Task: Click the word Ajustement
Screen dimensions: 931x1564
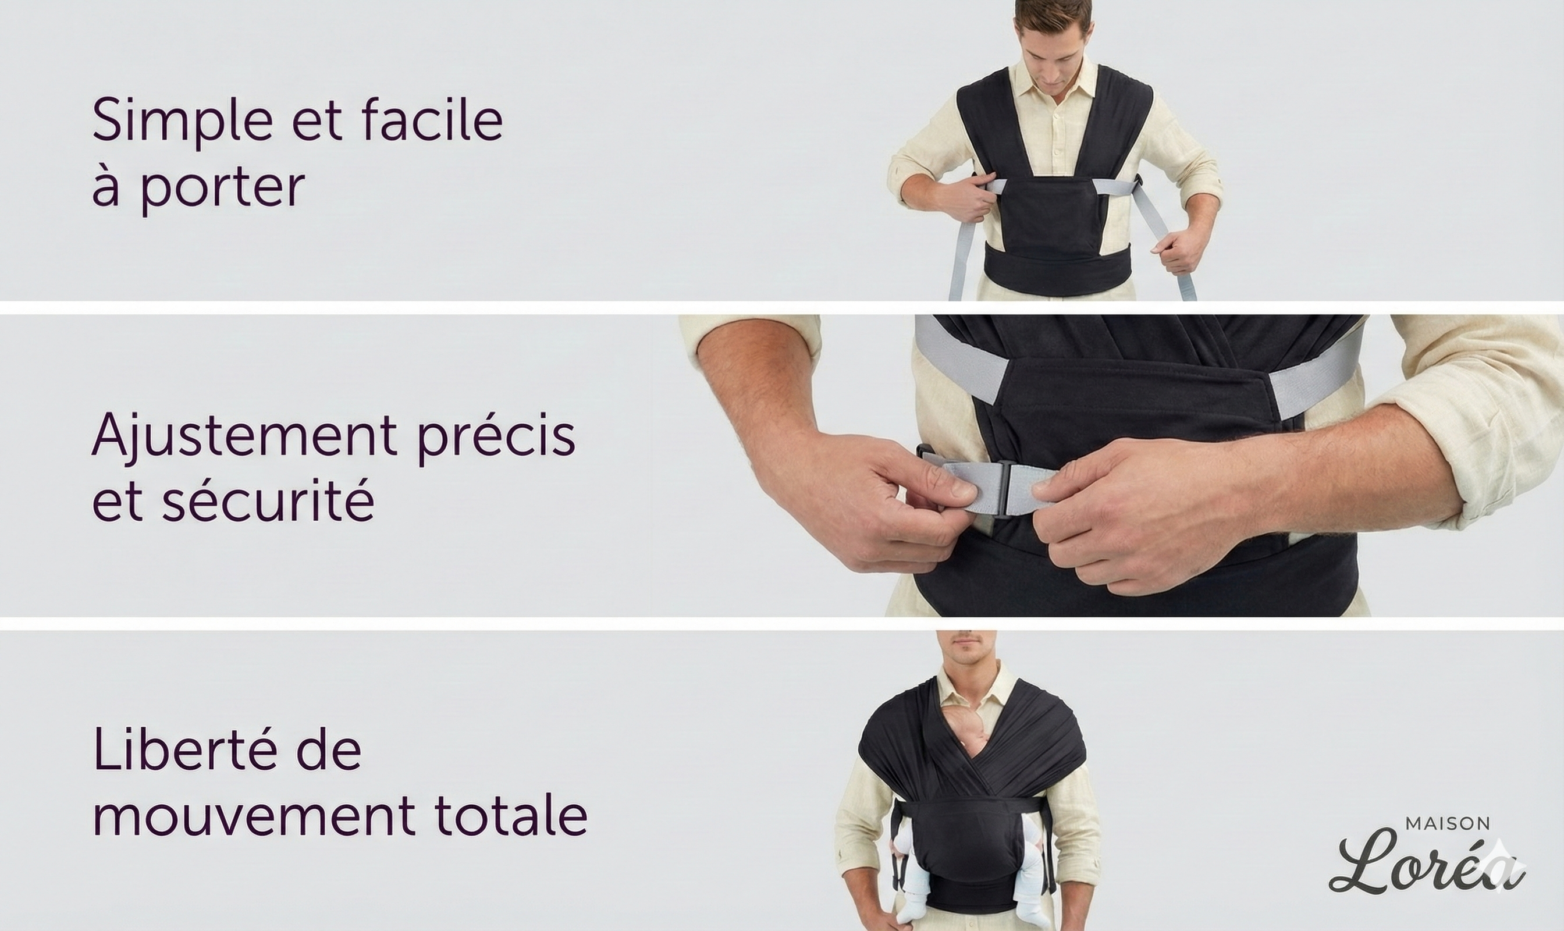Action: tap(244, 435)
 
